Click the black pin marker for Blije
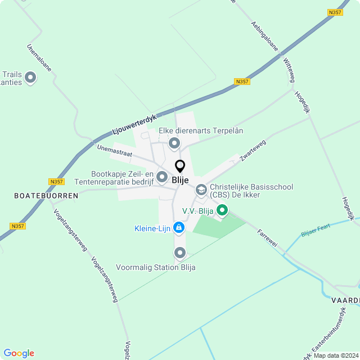tap(180, 166)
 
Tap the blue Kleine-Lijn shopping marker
tap(179, 227)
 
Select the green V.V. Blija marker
tap(222, 211)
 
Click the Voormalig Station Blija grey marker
tap(180, 253)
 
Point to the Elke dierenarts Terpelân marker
tap(175, 144)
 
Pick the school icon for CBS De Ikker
tap(201, 191)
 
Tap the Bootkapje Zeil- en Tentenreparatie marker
tap(162, 177)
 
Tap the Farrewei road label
tap(267, 239)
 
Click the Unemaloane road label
tap(39, 57)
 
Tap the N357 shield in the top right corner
tap(335, 12)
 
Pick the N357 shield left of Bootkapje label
tap(57, 182)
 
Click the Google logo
tap(19, 353)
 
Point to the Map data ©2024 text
tap(335, 355)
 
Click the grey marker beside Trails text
tap(30, 78)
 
